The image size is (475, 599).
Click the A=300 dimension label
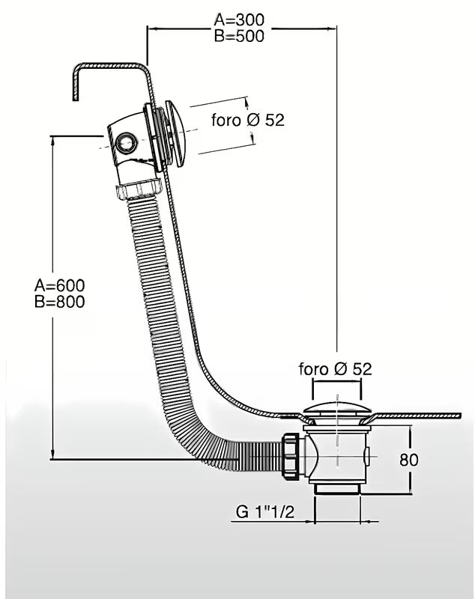tap(238, 20)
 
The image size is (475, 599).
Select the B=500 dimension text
tap(238, 36)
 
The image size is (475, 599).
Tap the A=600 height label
tap(59, 285)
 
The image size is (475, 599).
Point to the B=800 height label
tap(59, 302)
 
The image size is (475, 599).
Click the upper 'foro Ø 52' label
tap(246, 120)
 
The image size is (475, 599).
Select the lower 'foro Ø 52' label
tap(335, 368)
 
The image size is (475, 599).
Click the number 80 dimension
tap(409, 460)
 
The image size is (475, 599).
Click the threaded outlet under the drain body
tap(337, 488)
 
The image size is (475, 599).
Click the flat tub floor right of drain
tap(420, 413)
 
